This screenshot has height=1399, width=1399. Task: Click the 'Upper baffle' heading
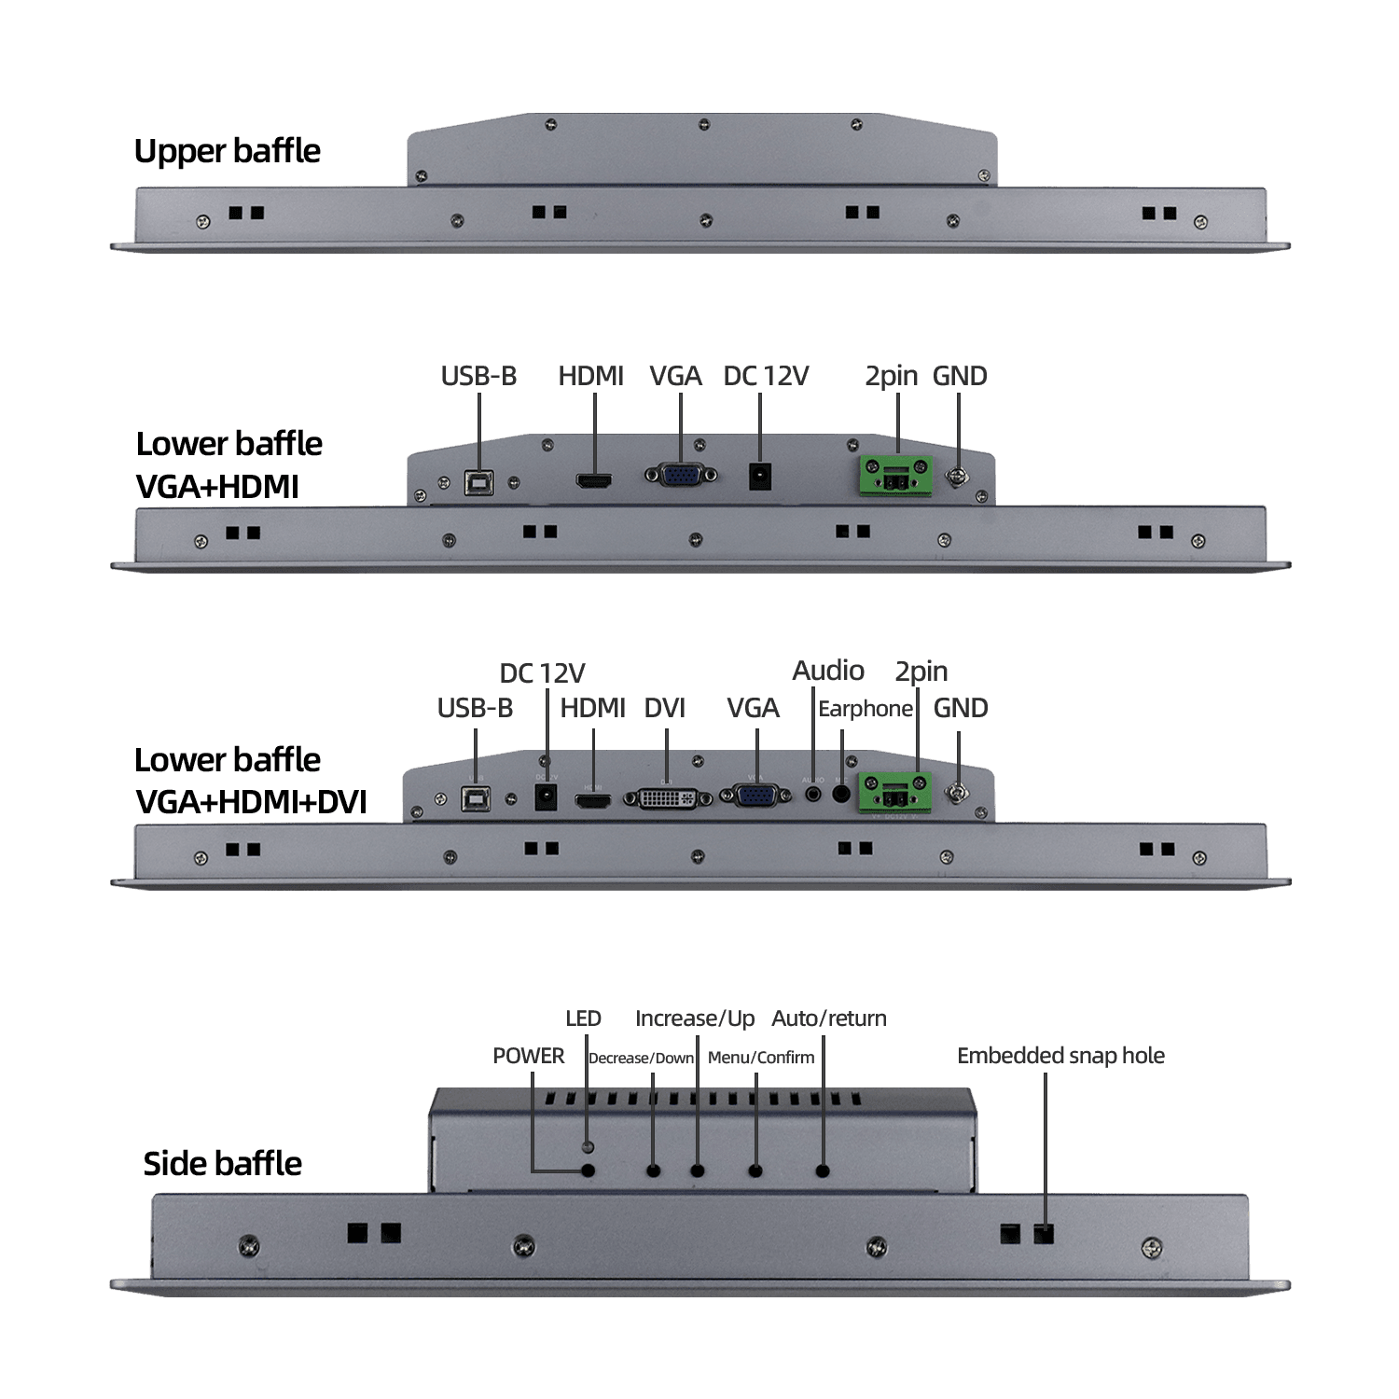(227, 151)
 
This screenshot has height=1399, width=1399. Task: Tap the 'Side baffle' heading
(222, 1163)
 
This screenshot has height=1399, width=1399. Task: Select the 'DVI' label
(664, 708)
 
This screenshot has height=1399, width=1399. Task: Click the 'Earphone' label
(865, 709)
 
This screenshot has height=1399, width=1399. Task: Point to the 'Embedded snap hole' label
(1060, 1056)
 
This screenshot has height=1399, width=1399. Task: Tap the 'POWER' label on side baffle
(528, 1056)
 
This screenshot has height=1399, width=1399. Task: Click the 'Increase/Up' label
(695, 1018)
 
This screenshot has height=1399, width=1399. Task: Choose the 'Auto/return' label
(828, 1018)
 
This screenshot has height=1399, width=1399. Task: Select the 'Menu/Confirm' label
(760, 1058)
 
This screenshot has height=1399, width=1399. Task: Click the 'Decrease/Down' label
(641, 1059)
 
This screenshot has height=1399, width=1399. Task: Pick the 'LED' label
(583, 1018)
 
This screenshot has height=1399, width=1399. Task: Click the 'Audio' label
(827, 671)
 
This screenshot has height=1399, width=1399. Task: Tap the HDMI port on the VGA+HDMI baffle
(593, 481)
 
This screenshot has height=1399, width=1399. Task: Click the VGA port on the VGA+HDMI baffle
(681, 475)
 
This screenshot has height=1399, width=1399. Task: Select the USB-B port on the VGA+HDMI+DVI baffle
(476, 798)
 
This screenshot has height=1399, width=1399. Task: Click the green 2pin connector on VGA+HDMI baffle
(895, 476)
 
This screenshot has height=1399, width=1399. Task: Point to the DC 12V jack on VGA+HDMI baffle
(760, 477)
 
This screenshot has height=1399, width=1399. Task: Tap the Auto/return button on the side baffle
(823, 1170)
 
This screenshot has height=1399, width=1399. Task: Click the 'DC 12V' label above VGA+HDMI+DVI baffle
(542, 673)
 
